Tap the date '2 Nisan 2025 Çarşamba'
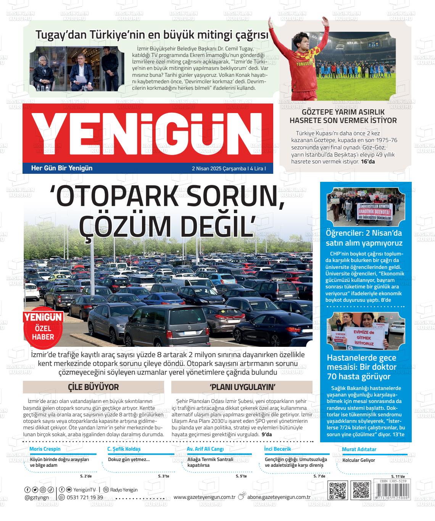[x=219, y=168]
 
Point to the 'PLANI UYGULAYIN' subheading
[x=242, y=387]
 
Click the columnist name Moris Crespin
[x=45, y=449]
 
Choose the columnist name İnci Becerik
[x=277, y=449]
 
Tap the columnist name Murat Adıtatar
[x=359, y=449]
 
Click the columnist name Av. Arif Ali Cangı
[x=205, y=449]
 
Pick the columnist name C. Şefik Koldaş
[x=124, y=449]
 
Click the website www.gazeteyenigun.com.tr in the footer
[x=204, y=497]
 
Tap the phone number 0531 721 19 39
[x=84, y=497]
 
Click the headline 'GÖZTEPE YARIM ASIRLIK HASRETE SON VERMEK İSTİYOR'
[x=343, y=116]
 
